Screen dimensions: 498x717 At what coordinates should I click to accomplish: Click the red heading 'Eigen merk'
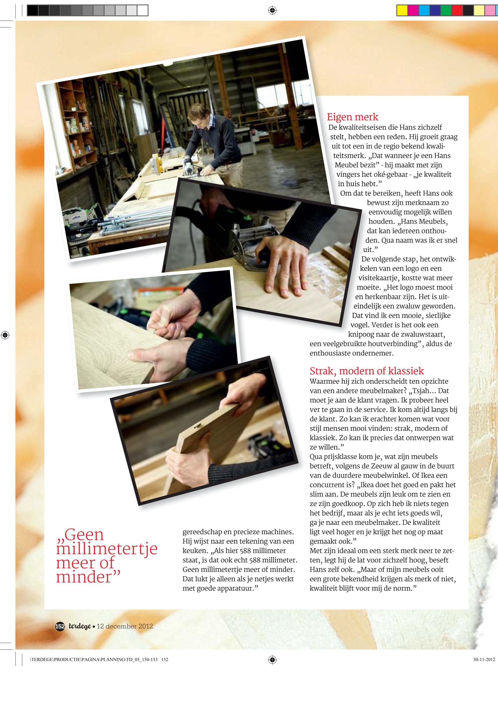[352, 117]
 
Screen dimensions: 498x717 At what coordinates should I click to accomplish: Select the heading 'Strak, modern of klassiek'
[367, 371]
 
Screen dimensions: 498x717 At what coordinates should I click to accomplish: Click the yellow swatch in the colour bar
[402, 11]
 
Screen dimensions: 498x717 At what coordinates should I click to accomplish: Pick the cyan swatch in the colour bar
[424, 11]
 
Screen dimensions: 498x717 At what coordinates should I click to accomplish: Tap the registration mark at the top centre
[272, 11]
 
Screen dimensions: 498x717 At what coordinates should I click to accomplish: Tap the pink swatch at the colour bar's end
[490, 11]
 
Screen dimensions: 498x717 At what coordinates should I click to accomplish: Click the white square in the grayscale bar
[142, 11]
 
